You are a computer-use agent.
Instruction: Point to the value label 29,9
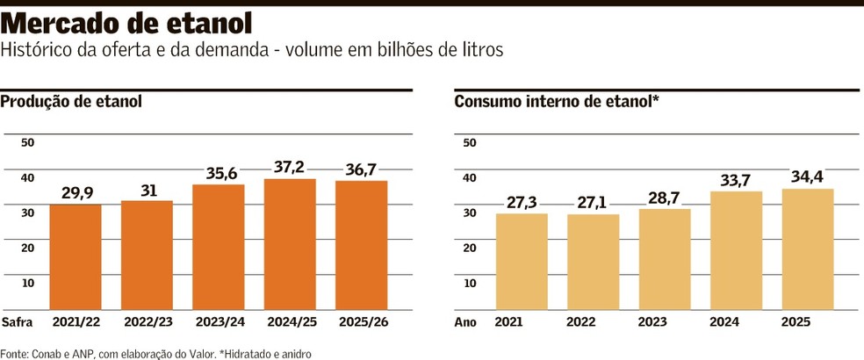76,191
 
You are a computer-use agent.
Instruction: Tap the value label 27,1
593,201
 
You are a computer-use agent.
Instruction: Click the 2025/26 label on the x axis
361,321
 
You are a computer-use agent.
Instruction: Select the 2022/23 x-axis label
147,321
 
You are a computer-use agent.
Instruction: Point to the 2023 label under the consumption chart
665,321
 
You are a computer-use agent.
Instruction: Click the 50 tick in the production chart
27,142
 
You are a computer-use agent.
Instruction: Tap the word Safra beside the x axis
18,321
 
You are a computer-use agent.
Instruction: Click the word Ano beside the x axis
465,321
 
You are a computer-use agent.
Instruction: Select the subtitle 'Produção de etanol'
71,102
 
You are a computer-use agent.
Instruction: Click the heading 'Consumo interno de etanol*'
557,102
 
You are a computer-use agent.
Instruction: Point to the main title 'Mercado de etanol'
127,23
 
